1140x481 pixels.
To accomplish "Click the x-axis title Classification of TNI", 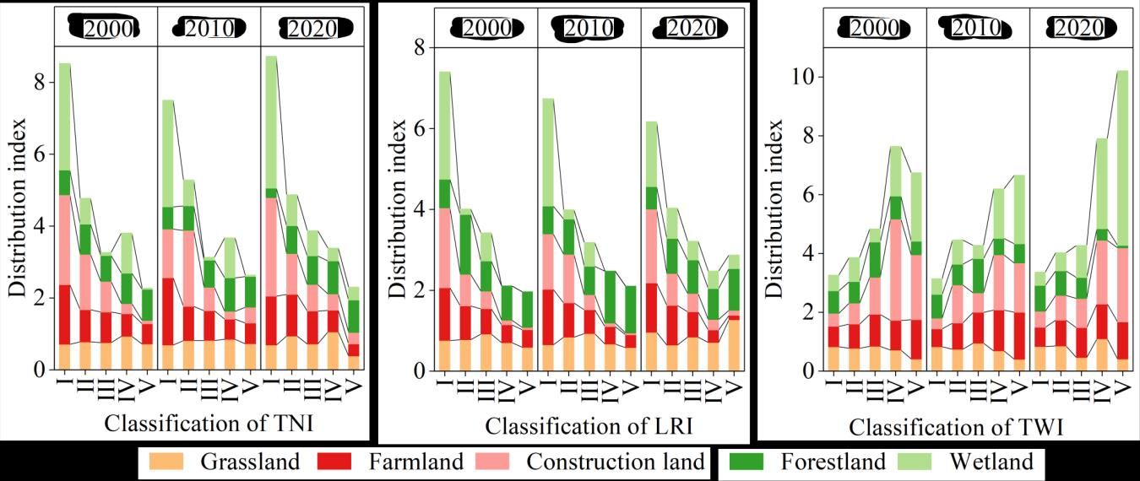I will pyautogui.click(x=209, y=424).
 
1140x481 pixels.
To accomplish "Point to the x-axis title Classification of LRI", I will pyautogui.click(x=589, y=426).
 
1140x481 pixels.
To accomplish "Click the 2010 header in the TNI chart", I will pyautogui.click(x=209, y=29).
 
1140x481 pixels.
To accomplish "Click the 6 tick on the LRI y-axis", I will pyautogui.click(x=420, y=128).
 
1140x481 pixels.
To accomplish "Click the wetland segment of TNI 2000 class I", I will pyautogui.click(x=65, y=116).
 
